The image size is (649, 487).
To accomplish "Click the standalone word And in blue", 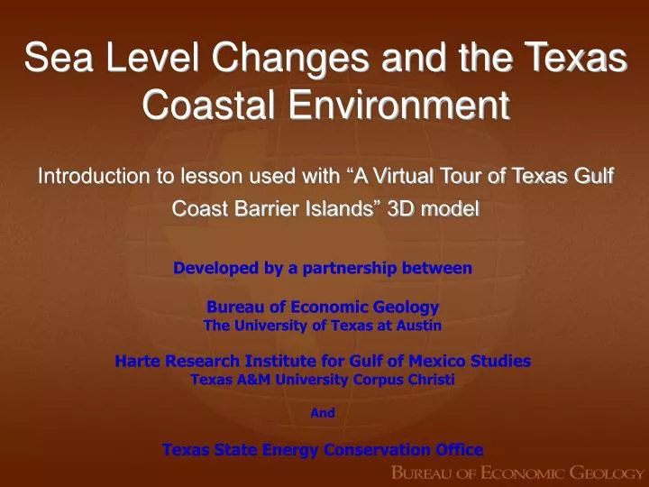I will tap(323, 413).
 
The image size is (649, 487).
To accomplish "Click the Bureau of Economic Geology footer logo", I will tap(516, 472).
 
